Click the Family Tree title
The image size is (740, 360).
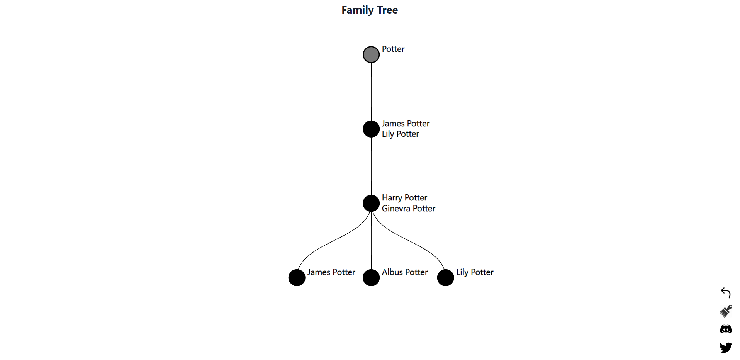coord(370,10)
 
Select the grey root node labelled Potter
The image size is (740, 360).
coord(371,54)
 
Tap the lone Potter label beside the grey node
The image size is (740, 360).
coord(393,49)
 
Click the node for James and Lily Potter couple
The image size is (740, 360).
coord(371,129)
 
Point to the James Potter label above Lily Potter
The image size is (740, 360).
coord(406,124)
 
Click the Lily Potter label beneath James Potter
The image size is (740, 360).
coord(400,134)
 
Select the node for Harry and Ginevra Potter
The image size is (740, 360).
coord(371,203)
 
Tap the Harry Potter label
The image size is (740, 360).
coord(404,198)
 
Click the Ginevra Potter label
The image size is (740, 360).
coord(408,209)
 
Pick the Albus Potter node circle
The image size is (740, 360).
coord(371,278)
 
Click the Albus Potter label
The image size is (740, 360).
coord(404,272)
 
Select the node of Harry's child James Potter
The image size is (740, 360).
coord(297,278)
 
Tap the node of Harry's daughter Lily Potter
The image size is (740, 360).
coord(445,278)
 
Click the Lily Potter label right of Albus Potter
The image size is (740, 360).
coord(475,272)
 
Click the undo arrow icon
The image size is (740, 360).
coord(726,293)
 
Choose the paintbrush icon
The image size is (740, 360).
coord(726,311)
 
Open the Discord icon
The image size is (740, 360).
coord(726,329)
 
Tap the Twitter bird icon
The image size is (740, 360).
coord(726,347)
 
